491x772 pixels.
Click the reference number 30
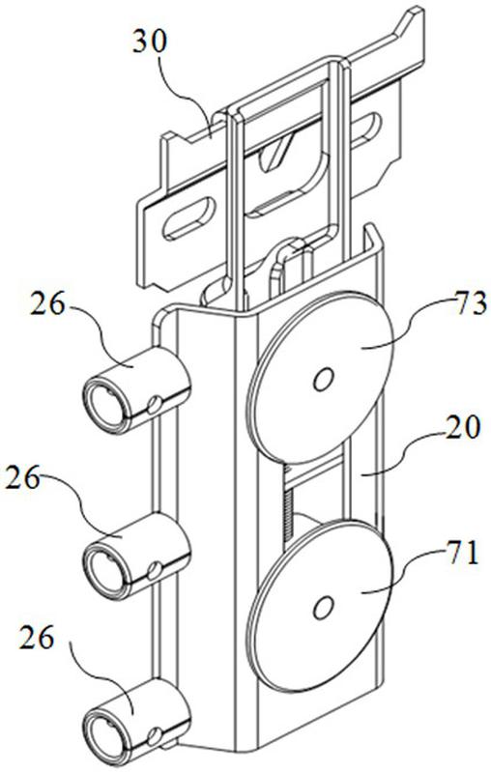(x=150, y=43)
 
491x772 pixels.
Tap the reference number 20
(x=460, y=428)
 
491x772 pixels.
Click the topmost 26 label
(x=47, y=304)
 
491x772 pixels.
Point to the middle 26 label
(x=22, y=478)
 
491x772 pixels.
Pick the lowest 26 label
(x=37, y=639)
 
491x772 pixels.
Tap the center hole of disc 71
(x=323, y=608)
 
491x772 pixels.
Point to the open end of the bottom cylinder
(x=104, y=734)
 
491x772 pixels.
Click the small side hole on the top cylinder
(x=154, y=405)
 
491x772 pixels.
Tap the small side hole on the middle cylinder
(x=154, y=570)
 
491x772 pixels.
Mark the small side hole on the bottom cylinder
(x=154, y=733)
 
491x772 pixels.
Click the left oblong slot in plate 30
(x=189, y=218)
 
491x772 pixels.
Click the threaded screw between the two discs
(x=289, y=513)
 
